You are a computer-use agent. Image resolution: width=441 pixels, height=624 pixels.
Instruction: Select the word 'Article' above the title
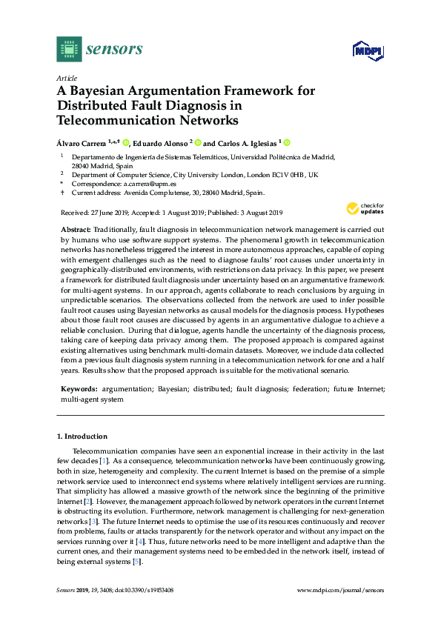[66, 78]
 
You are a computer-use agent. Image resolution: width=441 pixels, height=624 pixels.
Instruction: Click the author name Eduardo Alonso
[161, 143]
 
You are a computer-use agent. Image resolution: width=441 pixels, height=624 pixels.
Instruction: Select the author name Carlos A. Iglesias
[248, 143]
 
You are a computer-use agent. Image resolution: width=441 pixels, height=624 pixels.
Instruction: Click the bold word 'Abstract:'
[76, 231]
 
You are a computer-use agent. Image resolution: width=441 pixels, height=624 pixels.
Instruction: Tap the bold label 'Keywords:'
[79, 388]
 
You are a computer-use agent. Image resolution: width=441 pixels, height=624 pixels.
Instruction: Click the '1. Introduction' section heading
[82, 437]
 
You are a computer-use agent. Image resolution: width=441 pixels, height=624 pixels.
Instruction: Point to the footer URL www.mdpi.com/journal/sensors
[340, 590]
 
